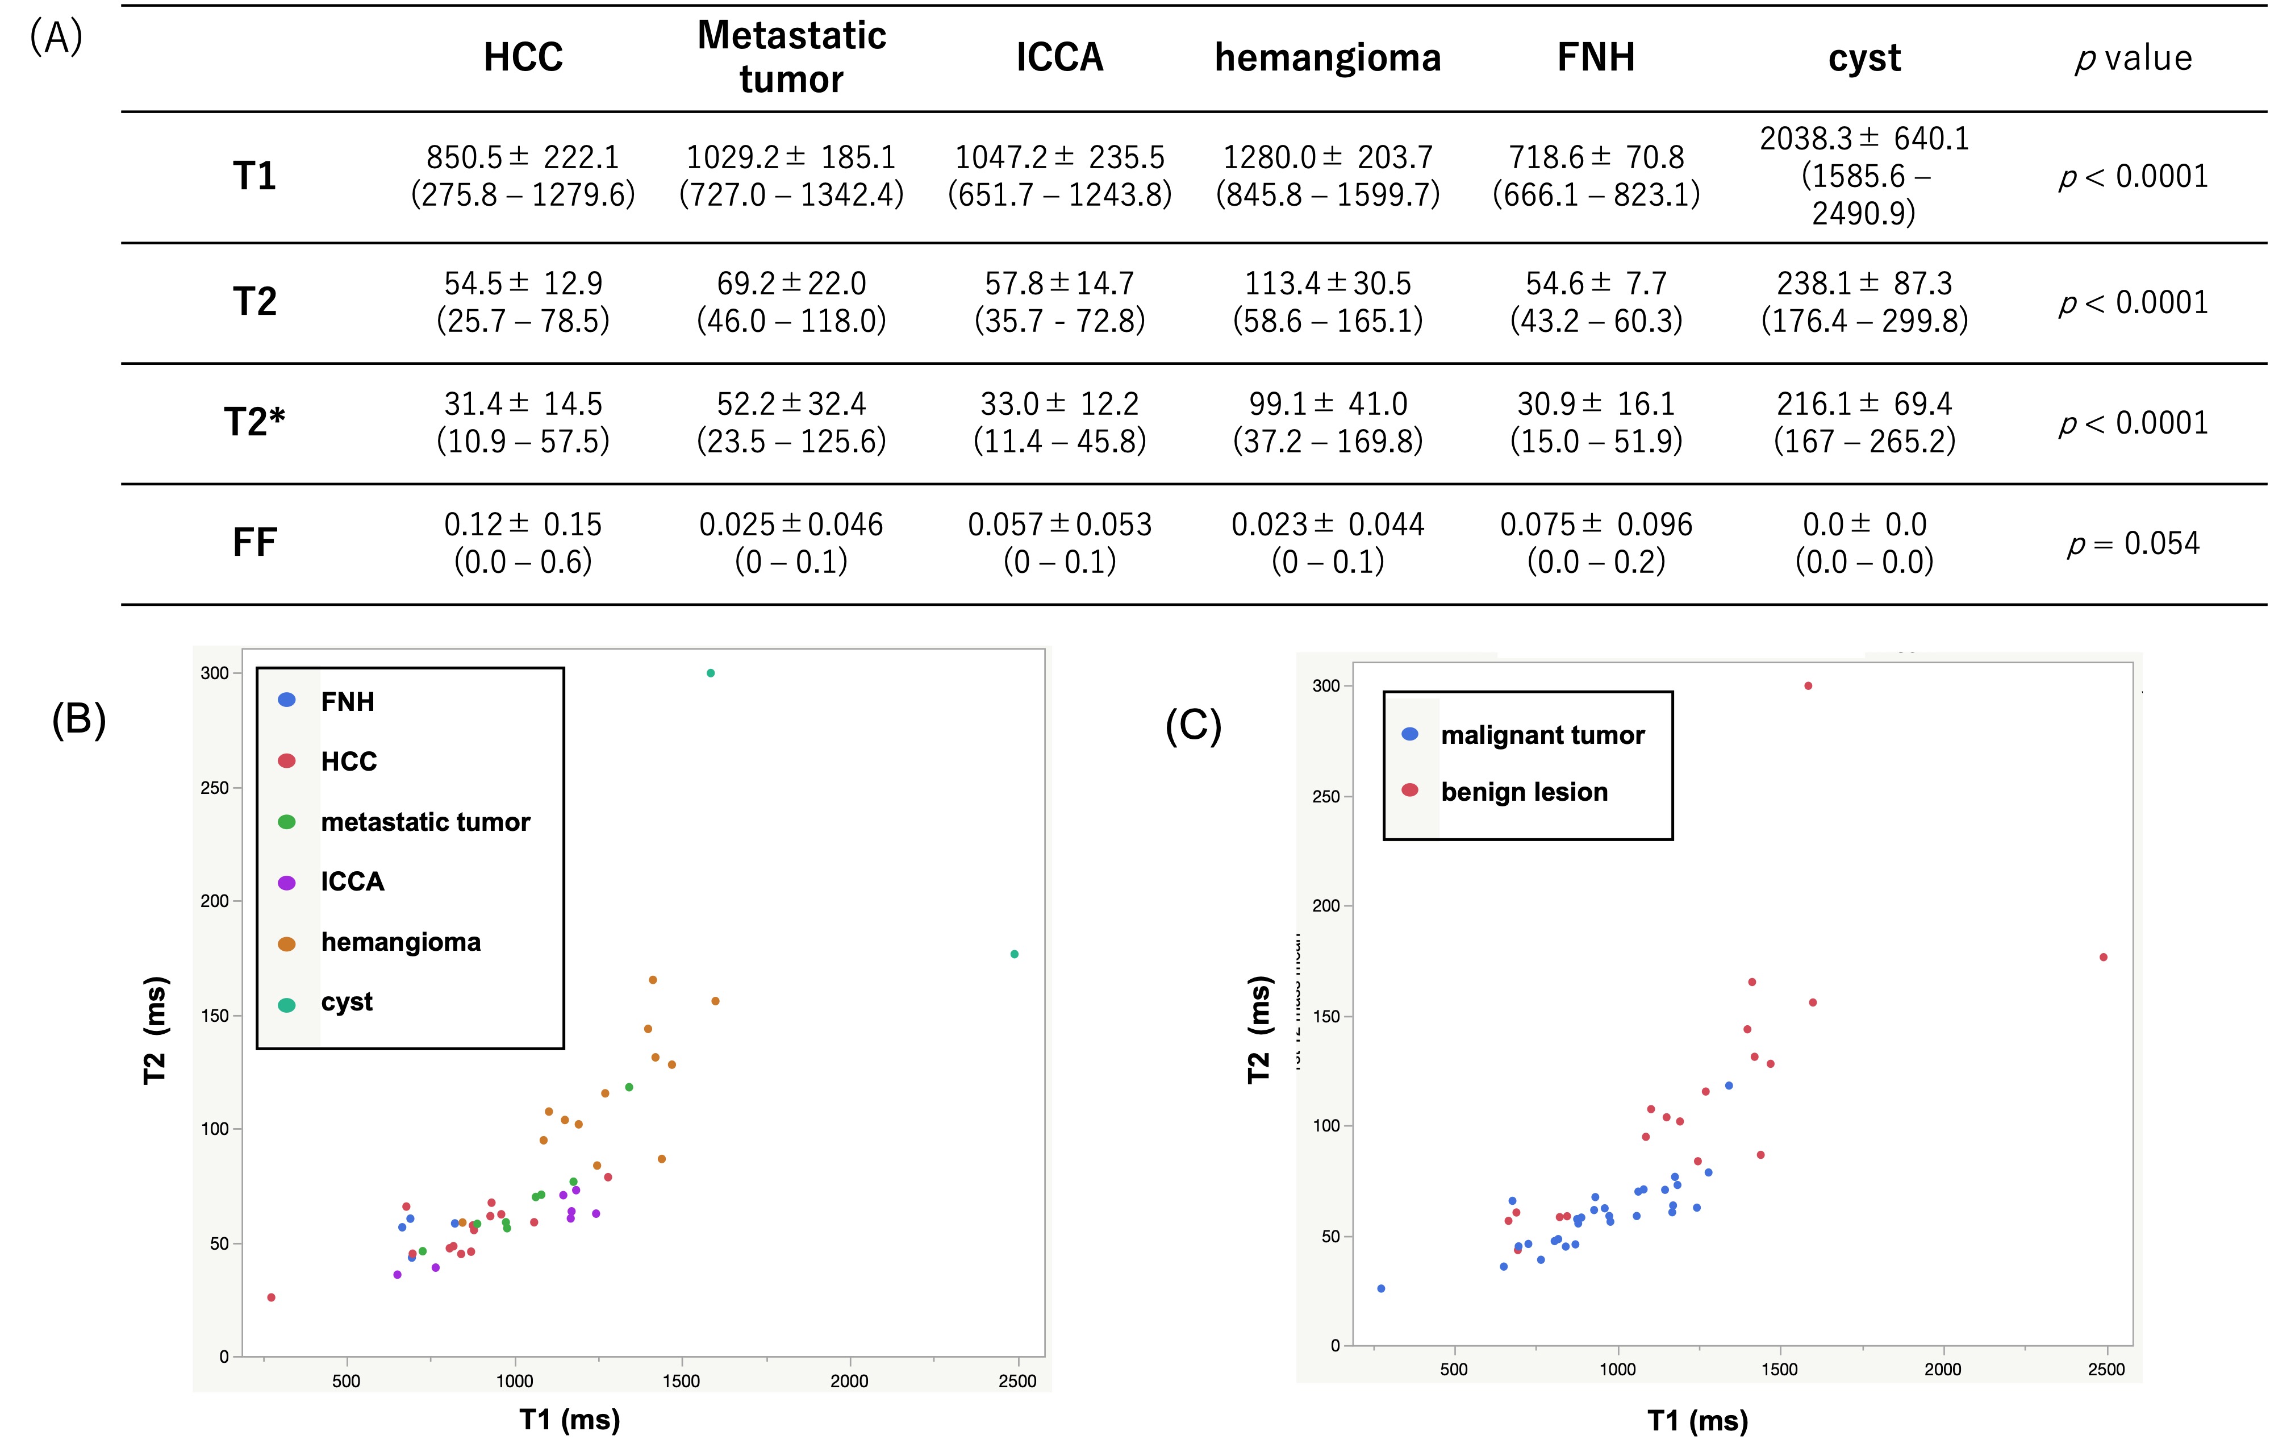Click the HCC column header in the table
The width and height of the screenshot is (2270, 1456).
(x=523, y=57)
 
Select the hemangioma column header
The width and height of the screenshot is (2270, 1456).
(x=1327, y=57)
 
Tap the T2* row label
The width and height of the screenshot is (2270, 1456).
(x=254, y=422)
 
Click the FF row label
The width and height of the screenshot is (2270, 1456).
(x=254, y=543)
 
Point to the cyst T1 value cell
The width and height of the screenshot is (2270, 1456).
(x=1864, y=176)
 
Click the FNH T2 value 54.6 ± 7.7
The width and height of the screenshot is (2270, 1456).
(x=1595, y=302)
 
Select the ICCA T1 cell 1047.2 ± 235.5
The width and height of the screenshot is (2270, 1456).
(x=1059, y=176)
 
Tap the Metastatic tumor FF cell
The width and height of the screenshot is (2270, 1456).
(x=791, y=543)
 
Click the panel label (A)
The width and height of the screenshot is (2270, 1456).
(x=57, y=38)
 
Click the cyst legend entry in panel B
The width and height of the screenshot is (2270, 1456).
(x=346, y=1002)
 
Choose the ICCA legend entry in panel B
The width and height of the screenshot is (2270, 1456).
(x=352, y=882)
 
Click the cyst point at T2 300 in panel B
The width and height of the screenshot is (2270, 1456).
(x=711, y=673)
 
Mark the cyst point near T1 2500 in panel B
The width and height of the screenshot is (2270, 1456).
(x=1014, y=954)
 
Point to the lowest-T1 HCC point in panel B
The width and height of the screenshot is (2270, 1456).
(x=271, y=1297)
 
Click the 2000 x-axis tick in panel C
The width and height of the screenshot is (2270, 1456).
(x=1942, y=1369)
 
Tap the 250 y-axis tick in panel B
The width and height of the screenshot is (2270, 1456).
(x=215, y=788)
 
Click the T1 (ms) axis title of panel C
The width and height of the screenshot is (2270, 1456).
(x=1697, y=1420)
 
